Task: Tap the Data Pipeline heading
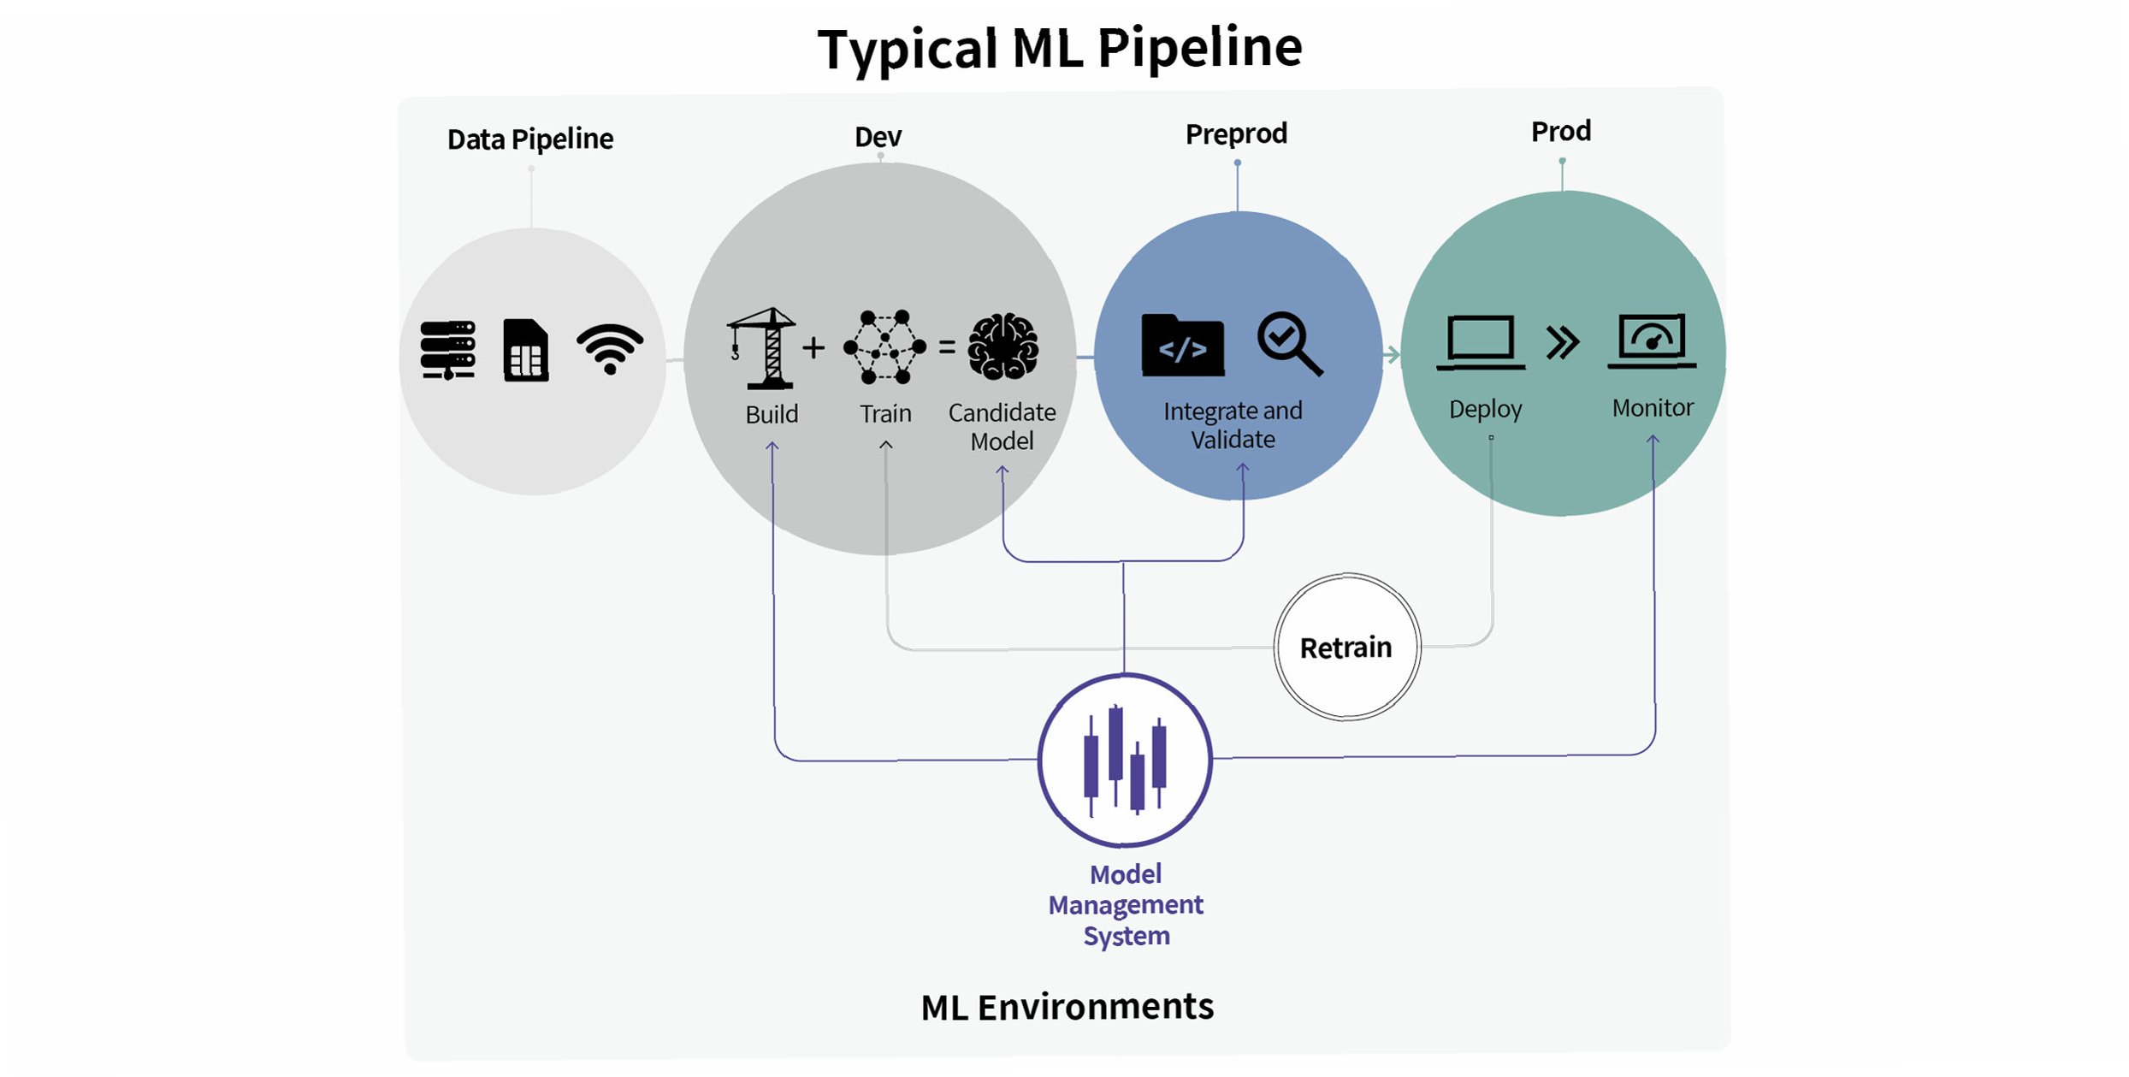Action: coord(530,139)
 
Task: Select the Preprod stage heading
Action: coord(1236,133)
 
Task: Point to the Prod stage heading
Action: coord(1561,131)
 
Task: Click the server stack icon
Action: coord(447,349)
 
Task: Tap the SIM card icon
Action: coord(526,350)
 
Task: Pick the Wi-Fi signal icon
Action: coord(610,348)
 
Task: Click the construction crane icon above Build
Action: coord(762,348)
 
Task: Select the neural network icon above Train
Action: coord(884,346)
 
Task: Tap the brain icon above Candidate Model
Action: coord(1003,346)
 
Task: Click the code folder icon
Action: coord(1183,346)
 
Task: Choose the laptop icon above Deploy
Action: coord(1481,342)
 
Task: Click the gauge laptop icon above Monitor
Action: coord(1652,340)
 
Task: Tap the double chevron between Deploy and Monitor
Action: coord(1563,342)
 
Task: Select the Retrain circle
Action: coord(1346,647)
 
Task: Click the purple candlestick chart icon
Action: coord(1125,760)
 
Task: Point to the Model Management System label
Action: coord(1126,904)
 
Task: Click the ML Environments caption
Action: coord(1067,1007)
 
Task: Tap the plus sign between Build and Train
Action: coord(813,347)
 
